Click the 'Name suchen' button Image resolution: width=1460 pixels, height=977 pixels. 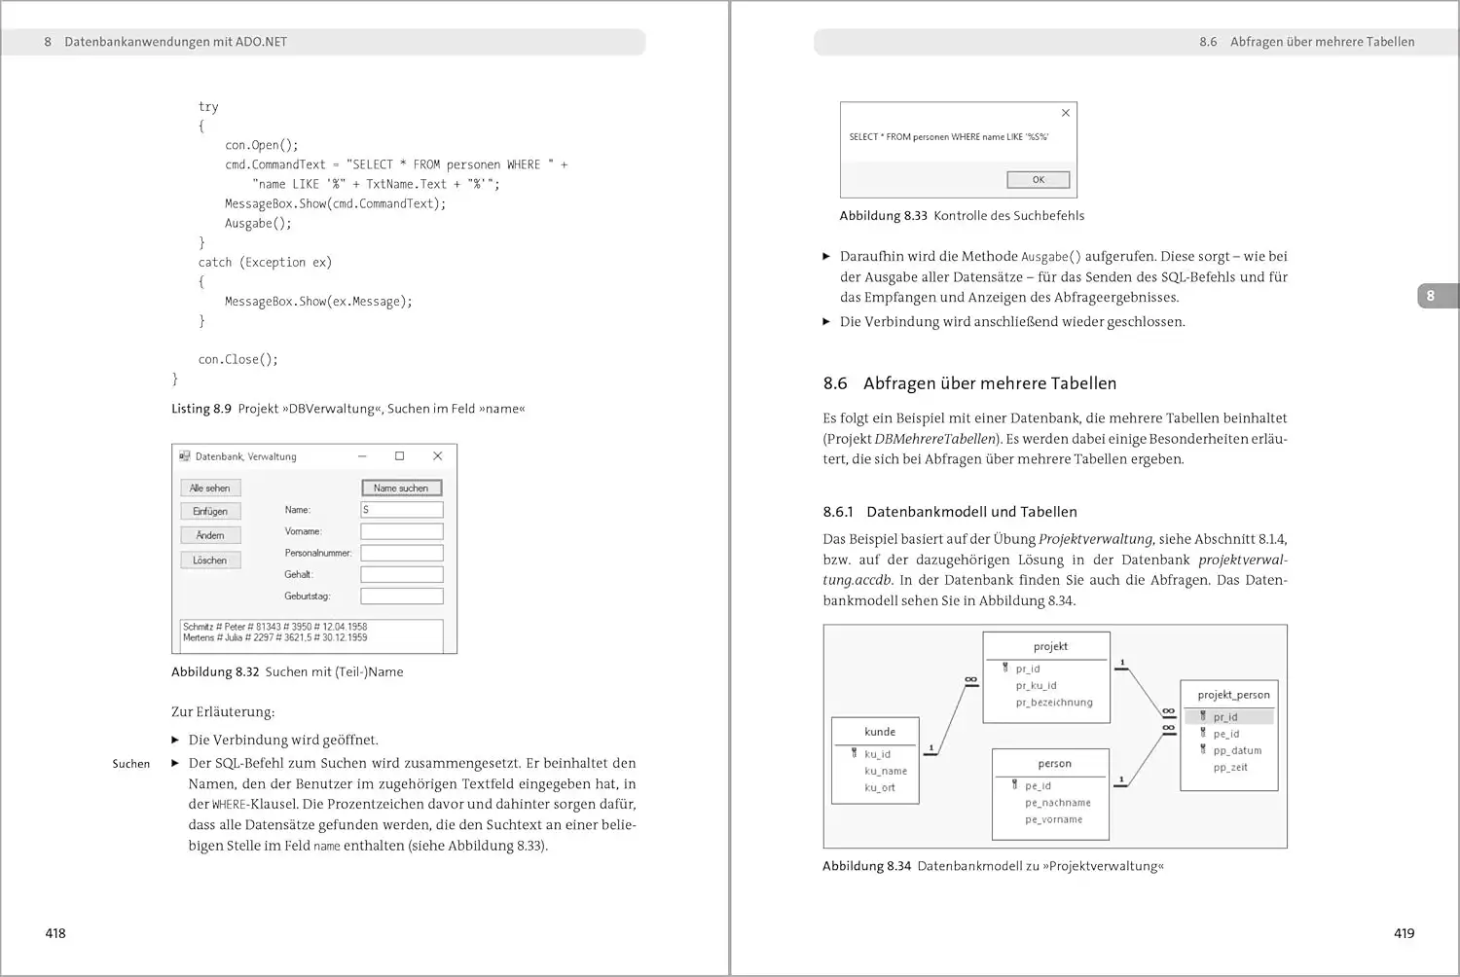pos(401,488)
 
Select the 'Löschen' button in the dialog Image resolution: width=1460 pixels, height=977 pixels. pos(209,561)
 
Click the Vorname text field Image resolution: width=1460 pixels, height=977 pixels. pos(401,531)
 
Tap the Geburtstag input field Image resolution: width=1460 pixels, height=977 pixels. pos(401,596)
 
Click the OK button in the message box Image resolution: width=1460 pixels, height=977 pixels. pos(1038,179)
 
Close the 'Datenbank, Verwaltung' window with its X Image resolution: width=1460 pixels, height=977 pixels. pos(437,455)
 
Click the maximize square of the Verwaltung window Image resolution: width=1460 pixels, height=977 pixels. pos(399,455)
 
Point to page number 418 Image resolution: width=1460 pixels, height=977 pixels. pos(55,933)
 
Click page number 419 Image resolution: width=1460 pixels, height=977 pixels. pos(1404,933)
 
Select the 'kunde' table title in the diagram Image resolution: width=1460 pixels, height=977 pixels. pos(879,732)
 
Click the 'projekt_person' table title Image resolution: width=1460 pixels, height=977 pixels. pos(1233,695)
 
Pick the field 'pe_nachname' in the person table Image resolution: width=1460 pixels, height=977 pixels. pos(1057,803)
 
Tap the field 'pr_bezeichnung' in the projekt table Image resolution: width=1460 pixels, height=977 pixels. pos(1054,703)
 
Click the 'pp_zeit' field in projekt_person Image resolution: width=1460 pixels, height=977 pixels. pos(1230,768)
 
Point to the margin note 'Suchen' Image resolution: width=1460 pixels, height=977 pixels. pos(130,764)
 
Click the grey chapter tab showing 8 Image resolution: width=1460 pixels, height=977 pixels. pos(1430,296)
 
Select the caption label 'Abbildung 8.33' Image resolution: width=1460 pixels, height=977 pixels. pos(883,216)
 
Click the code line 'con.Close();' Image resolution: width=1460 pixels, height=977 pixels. pos(237,359)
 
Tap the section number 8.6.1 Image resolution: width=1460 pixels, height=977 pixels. pos(837,512)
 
